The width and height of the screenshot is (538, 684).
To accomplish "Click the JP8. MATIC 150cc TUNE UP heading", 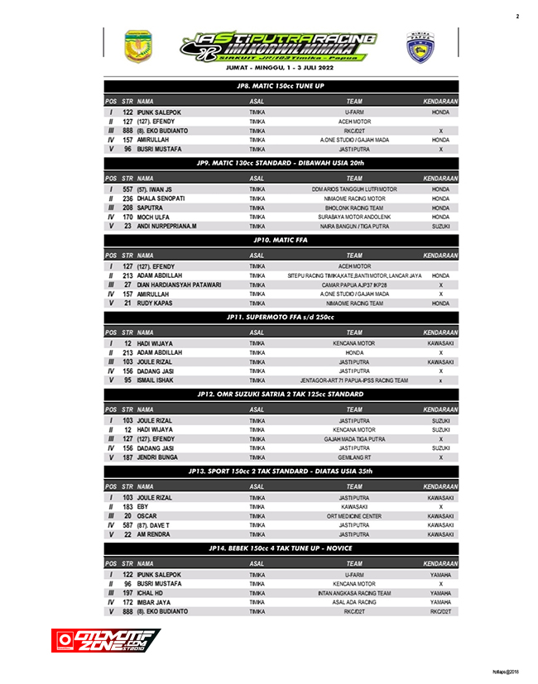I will (280, 85).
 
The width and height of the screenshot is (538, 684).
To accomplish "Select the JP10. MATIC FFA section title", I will (280, 240).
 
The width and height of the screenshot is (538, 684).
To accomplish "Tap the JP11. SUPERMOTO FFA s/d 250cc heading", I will (280, 317).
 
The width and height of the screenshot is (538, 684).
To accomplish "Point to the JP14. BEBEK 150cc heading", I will (280, 548).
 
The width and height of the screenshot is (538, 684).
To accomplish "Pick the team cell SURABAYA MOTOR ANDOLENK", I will (353, 217).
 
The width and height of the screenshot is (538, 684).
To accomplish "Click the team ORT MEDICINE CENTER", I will (353, 516).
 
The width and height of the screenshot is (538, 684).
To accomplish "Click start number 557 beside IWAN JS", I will (127, 189).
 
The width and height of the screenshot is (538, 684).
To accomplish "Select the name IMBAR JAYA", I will (156, 602).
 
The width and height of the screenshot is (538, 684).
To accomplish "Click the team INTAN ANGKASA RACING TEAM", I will (353, 593).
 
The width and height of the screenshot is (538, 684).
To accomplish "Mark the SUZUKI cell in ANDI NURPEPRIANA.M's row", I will (440, 226).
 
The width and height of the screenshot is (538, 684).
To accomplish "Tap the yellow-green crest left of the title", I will (137, 46).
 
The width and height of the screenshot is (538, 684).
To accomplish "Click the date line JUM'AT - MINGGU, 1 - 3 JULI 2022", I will (280, 69).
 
